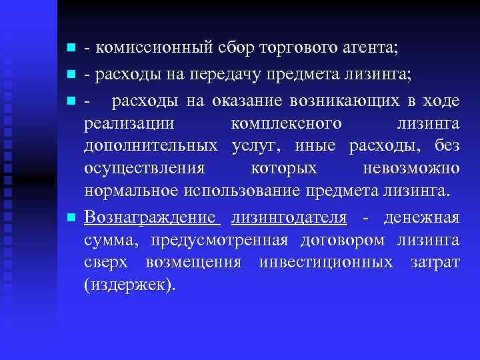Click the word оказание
point(248,101)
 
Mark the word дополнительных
point(151,146)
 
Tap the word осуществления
point(145,169)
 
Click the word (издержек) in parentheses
point(131,286)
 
